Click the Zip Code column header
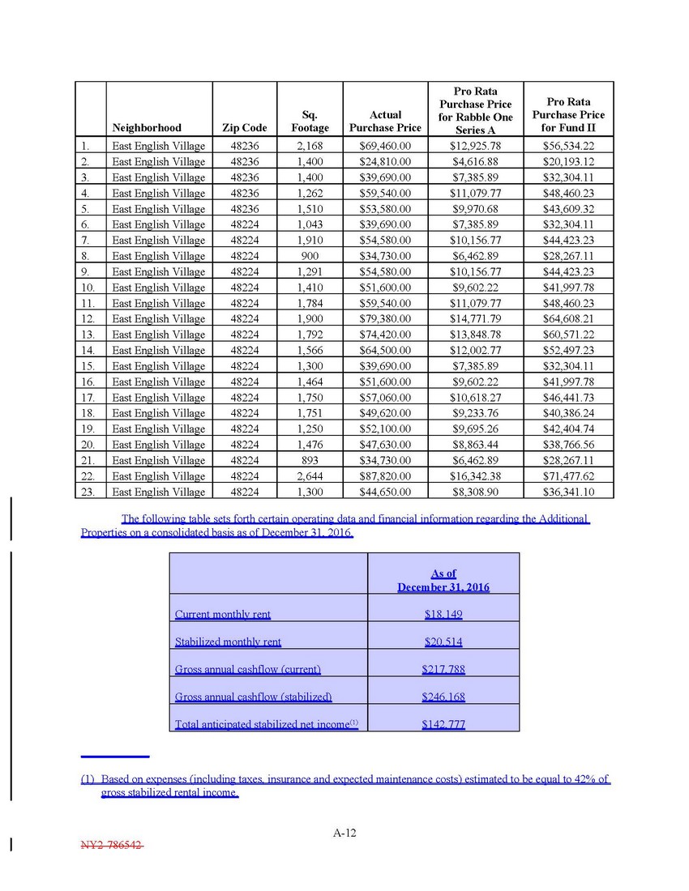(x=244, y=127)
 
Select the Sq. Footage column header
(x=310, y=122)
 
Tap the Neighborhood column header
(x=147, y=127)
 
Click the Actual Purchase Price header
(x=385, y=122)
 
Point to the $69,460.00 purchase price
(x=385, y=146)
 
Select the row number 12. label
(x=90, y=318)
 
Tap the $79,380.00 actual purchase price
(x=385, y=318)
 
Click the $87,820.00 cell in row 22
(x=385, y=476)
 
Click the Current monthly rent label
(x=223, y=615)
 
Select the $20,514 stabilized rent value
(x=443, y=642)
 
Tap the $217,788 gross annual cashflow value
(x=443, y=669)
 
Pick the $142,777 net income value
(x=443, y=724)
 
